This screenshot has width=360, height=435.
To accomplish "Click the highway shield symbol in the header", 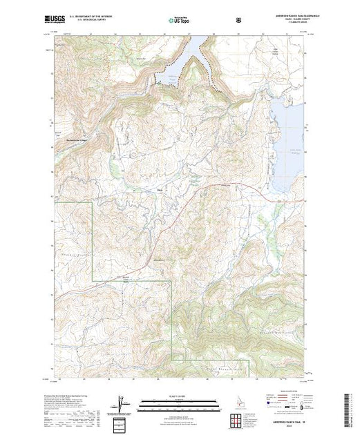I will point(239,20).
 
